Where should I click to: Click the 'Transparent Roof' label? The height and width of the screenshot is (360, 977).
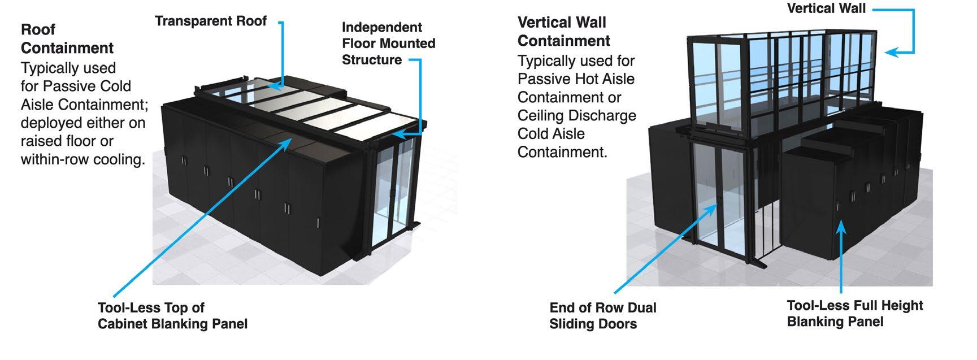pos(211,21)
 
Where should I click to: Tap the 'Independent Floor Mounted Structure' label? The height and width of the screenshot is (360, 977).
pos(389,44)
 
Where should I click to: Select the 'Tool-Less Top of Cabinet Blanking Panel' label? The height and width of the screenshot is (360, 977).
pos(172,316)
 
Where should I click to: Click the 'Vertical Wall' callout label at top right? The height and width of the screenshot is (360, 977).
pos(826,8)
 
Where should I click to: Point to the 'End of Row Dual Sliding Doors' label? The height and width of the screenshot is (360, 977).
pos(603,316)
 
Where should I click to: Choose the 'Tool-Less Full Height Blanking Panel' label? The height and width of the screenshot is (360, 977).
pos(855,314)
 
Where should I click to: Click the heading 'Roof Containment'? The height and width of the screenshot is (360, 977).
pos(67,39)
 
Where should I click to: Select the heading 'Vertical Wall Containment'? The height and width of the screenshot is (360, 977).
pos(564,32)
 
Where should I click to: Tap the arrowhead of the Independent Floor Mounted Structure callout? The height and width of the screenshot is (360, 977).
pos(398,134)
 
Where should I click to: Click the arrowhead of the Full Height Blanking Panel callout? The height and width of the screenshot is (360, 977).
pos(841,227)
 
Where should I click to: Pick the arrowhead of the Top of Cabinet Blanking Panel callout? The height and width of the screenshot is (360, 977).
pos(288,142)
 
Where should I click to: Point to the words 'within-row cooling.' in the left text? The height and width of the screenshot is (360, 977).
pos(83,159)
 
